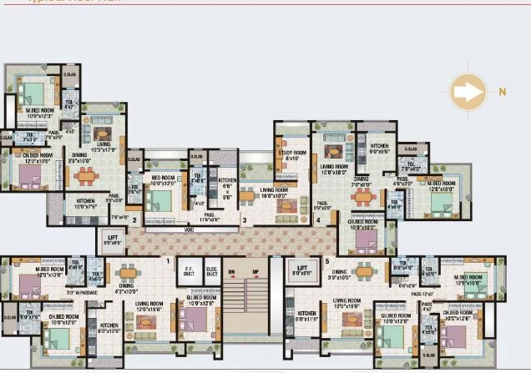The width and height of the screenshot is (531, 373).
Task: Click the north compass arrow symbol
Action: (x=468, y=93)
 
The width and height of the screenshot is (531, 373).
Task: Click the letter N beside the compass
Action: (x=503, y=93)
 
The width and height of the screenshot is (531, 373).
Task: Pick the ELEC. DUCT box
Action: (x=211, y=271)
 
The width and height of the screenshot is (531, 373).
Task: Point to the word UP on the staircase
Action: (x=255, y=272)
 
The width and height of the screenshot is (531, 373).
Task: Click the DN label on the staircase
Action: (x=231, y=272)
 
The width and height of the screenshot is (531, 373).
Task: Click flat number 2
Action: (x=134, y=220)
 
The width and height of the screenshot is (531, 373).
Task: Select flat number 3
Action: (x=245, y=220)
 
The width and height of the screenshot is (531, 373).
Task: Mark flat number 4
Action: (x=318, y=220)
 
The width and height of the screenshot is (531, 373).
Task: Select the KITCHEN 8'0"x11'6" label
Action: (x=306, y=315)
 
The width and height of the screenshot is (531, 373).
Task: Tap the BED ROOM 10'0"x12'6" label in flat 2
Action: (x=163, y=179)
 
